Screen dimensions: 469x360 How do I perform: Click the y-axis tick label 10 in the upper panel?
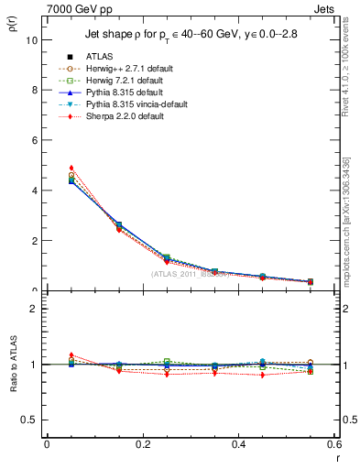(x=30, y=40)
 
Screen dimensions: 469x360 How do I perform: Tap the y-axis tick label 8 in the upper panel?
(x=33, y=91)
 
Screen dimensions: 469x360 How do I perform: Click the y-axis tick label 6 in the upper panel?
(x=33, y=141)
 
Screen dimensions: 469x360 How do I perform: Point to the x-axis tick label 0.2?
(x=143, y=445)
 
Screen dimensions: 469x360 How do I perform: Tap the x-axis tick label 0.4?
(x=239, y=445)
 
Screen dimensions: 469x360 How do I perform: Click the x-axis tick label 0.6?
(x=333, y=445)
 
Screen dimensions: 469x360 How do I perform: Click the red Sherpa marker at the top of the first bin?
(x=71, y=168)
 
